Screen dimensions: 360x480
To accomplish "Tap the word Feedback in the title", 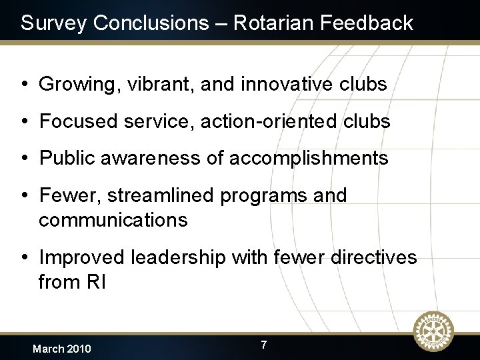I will pos(367,23).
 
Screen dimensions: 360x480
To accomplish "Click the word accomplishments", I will pos(309,159).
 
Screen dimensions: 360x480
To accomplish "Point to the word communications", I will pos(113,220).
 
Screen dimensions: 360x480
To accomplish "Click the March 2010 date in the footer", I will pos(62,349).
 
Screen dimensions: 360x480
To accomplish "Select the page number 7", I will pos(264,345).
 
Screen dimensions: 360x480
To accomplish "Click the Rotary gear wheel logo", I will pos(433,331).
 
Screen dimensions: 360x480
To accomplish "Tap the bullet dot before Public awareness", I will pos(24,159).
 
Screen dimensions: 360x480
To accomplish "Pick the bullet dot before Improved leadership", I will pos(24,258).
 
